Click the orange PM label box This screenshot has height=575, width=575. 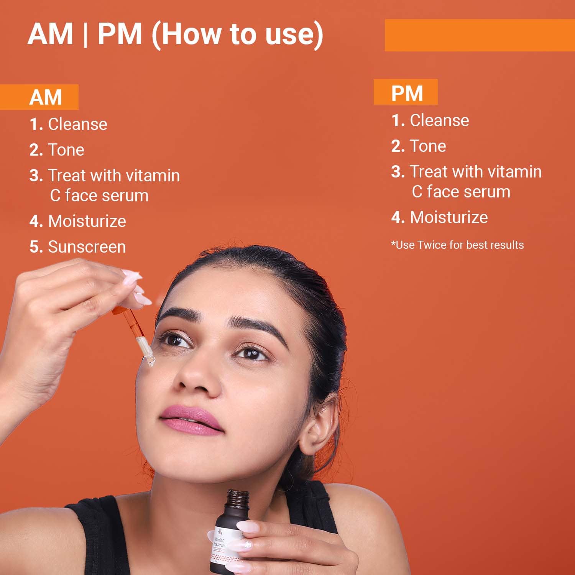tap(406, 92)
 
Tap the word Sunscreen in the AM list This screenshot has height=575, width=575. tap(87, 247)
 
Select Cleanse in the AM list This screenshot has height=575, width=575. tap(77, 124)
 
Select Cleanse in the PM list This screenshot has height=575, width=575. tap(439, 120)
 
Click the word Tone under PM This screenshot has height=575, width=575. tap(428, 146)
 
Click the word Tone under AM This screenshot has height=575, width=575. tap(66, 150)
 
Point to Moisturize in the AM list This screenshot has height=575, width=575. tap(87, 221)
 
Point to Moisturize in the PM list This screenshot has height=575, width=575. tap(449, 217)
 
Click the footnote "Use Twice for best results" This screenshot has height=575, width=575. tap(457, 245)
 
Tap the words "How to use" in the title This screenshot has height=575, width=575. tap(238, 34)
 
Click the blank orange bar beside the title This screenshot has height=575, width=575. tap(479, 35)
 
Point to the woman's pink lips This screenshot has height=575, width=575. tap(190, 419)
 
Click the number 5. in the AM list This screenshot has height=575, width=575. tap(36, 247)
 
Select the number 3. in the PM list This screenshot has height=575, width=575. tap(398, 172)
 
